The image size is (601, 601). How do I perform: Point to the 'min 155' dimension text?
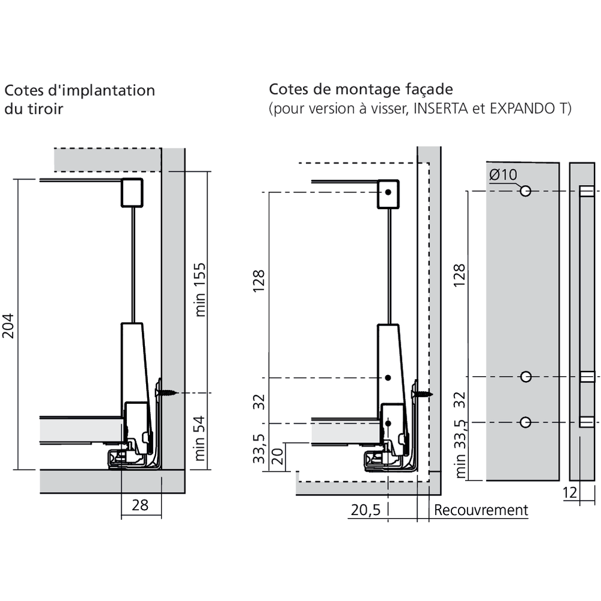[201, 289]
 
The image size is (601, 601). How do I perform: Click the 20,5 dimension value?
[365, 510]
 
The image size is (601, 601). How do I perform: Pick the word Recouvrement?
[481, 510]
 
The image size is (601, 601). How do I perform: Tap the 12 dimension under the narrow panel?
[571, 493]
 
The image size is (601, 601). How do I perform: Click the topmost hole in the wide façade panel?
[526, 191]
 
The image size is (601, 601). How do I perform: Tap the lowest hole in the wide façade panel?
[526, 422]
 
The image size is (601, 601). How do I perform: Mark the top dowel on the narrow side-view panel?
[587, 192]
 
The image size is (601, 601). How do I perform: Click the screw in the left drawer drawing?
[168, 393]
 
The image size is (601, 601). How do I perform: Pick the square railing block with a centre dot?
[389, 193]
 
